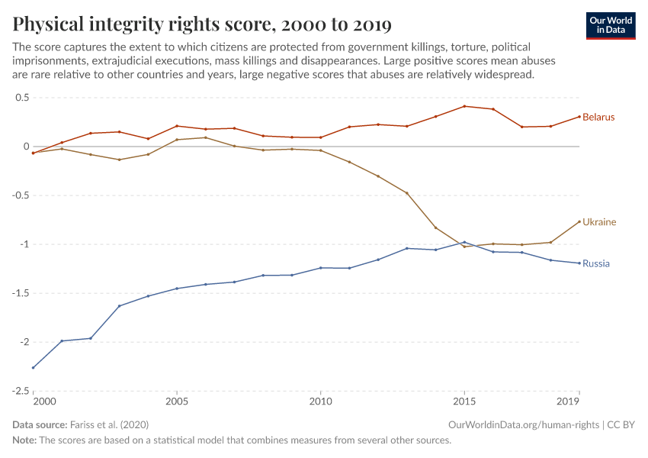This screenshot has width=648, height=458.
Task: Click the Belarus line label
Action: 598,118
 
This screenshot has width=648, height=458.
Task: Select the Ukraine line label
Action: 599,222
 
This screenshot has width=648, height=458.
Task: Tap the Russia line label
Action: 596,264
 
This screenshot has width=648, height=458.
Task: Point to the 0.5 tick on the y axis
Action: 21,98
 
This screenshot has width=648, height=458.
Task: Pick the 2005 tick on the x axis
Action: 177,402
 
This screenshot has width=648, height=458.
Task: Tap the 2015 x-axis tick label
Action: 464,402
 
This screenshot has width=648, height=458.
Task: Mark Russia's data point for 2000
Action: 34,368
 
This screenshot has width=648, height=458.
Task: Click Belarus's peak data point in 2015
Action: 464,106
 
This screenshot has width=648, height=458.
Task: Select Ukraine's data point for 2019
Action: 579,221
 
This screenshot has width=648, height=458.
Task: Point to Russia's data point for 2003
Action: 120,306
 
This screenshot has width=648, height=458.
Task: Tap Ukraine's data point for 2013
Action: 407,193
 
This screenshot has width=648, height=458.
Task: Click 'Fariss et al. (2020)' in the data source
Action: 109,424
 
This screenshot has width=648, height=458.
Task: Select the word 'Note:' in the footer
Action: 27,440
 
